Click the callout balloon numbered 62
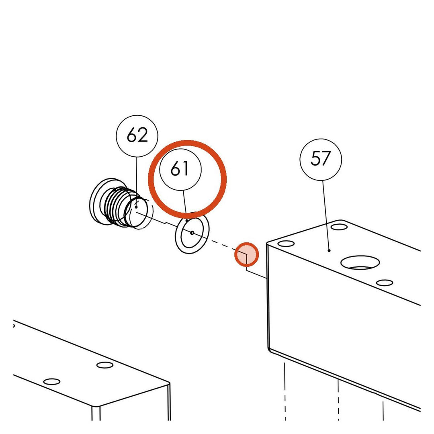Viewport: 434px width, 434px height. point(137,136)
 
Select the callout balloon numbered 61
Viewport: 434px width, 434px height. point(180,170)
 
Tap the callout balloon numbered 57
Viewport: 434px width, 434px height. point(321,160)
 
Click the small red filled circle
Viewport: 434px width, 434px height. point(247,254)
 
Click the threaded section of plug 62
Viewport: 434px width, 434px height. point(115,205)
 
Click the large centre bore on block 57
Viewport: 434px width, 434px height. point(360,262)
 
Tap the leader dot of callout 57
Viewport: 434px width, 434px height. point(329,250)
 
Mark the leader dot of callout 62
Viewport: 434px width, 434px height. point(136,207)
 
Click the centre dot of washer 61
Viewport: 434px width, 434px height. point(192,233)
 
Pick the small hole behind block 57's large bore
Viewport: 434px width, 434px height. point(339,227)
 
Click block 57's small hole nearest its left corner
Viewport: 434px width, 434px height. point(286,244)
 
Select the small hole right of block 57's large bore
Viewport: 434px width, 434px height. point(385,283)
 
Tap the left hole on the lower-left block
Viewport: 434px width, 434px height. point(52,382)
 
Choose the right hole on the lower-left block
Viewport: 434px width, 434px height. point(105,365)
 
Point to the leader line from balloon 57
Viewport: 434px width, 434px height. point(326,215)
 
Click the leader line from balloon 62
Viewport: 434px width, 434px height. point(136,182)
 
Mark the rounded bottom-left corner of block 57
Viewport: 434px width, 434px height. point(269,349)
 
